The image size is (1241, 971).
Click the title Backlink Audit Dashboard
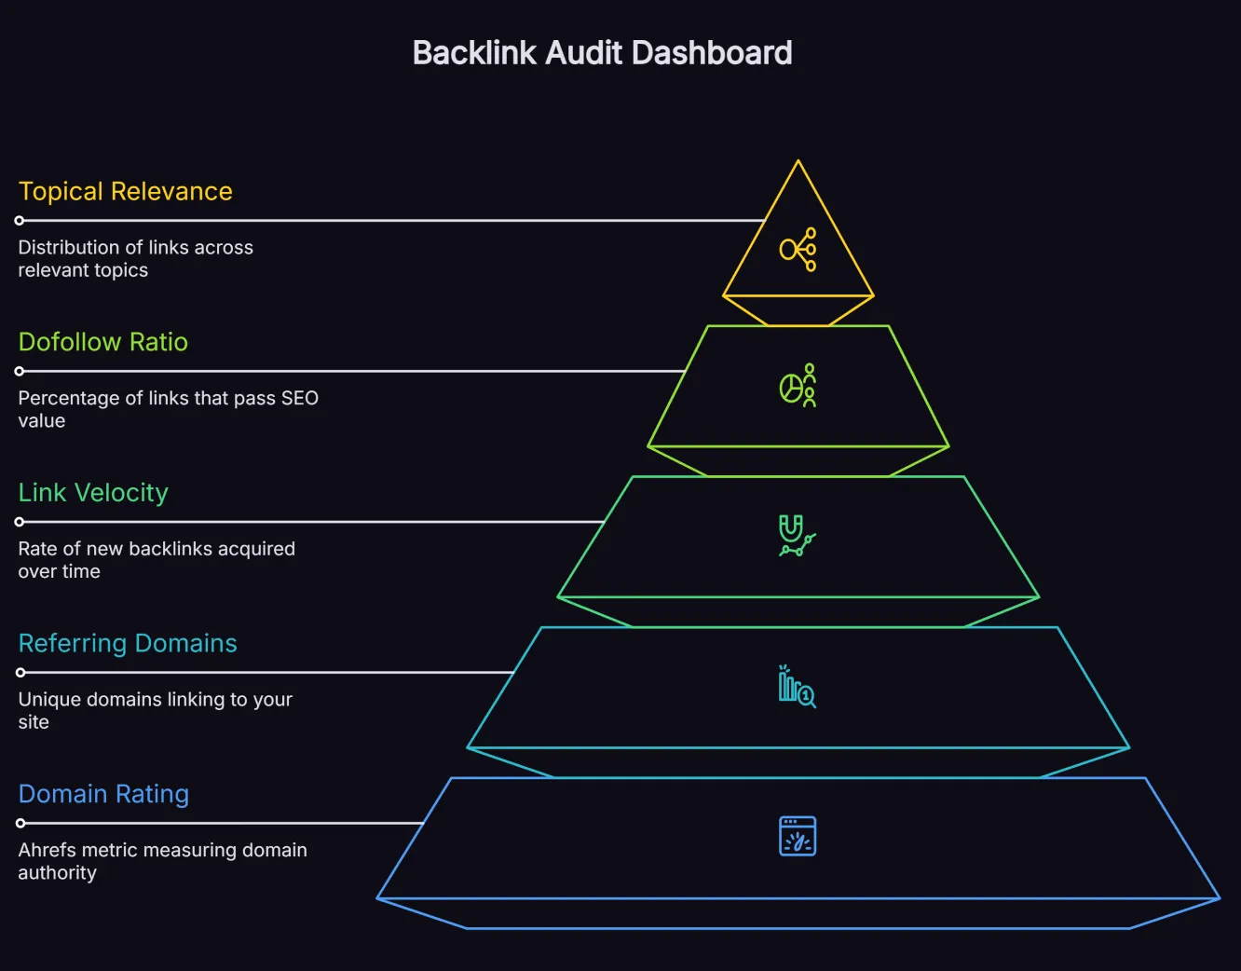[602, 53]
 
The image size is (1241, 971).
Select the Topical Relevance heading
[125, 191]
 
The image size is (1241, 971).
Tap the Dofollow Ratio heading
[102, 342]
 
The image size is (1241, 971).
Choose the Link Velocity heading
[93, 492]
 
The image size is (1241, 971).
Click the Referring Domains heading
[128, 643]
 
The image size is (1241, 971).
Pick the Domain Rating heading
[103, 794]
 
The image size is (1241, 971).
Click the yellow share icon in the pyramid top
[798, 250]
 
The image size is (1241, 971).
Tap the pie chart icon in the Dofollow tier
[798, 386]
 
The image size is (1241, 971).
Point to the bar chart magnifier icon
[798, 687]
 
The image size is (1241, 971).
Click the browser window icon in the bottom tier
[798, 836]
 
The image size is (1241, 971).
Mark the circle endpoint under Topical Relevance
[20, 221]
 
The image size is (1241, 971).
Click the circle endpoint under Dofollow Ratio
[20, 371]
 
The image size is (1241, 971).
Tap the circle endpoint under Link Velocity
[20, 522]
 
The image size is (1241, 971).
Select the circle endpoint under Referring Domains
[20, 672]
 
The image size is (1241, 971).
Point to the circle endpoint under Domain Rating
[20, 823]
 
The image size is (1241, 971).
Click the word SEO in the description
[300, 398]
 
